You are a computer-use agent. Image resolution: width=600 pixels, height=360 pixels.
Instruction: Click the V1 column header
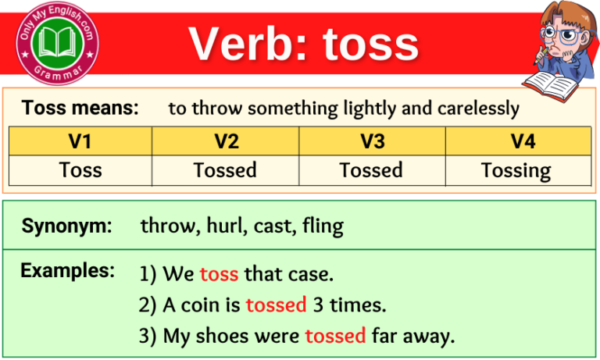coord(80,141)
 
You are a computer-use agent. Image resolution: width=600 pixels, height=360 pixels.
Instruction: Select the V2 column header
coord(225,141)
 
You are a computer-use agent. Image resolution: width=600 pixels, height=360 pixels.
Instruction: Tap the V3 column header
coord(371,141)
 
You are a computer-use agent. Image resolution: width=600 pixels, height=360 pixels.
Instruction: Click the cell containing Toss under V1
coord(80,169)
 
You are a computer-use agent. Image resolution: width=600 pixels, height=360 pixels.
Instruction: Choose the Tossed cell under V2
coord(225,169)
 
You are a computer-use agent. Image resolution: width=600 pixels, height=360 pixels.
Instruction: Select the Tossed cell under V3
coord(371,169)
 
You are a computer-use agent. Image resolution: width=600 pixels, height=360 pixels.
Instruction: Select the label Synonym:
coord(67,226)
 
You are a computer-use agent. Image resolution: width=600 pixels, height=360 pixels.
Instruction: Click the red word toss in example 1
coord(219,274)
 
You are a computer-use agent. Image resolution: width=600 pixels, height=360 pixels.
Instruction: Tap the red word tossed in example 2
coord(276,305)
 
